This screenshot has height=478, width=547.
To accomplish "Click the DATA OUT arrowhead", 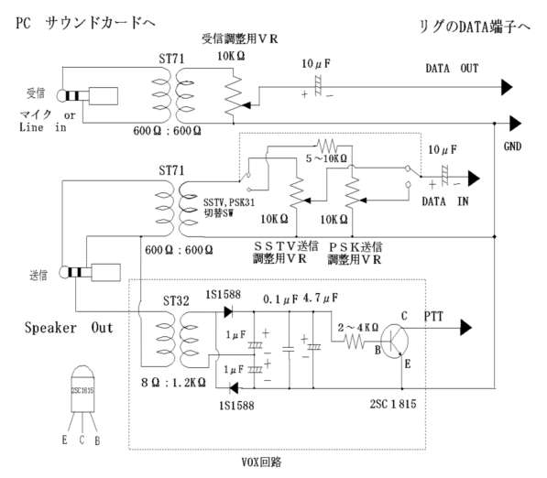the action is point(507,87).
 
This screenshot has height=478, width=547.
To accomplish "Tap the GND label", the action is point(512,147).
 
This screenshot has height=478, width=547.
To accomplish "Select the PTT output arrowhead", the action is point(466,328).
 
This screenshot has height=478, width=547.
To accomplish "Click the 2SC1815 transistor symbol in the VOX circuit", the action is point(395,342).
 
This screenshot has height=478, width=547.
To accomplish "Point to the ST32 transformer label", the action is point(176,300).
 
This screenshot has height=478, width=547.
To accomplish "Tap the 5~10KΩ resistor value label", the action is point(326,158).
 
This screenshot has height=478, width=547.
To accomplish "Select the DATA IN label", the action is point(445,201).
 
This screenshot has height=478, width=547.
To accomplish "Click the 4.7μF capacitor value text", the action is point(321,299).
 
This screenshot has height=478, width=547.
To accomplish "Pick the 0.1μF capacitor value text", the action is point(280,299).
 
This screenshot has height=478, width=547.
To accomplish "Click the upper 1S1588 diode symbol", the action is point(228,311).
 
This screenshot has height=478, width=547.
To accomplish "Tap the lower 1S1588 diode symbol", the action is point(234,387).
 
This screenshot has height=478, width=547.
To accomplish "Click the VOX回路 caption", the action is point(262,462).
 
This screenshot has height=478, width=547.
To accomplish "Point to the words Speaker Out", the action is point(69,328).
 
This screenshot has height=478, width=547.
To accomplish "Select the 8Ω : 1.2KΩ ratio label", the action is point(173,383).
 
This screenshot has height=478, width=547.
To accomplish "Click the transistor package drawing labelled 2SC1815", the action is point(82,389).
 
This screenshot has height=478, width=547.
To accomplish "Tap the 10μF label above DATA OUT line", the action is point(316,64).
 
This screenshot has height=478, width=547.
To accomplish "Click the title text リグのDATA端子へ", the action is point(475,27).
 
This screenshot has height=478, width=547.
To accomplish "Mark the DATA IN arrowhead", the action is point(474,179).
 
